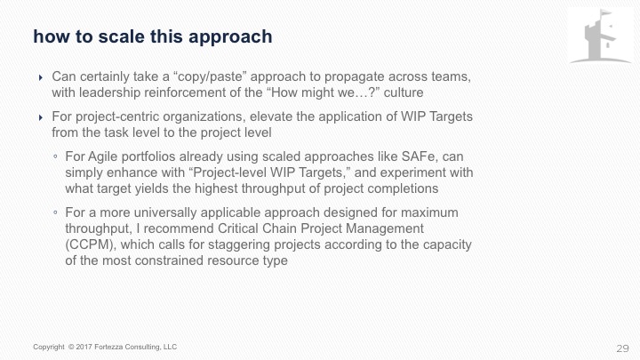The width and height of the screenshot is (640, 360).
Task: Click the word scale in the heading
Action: pyautogui.click(x=121, y=36)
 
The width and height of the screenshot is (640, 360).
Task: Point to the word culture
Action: pyautogui.click(x=404, y=92)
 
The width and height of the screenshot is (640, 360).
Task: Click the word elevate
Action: pyautogui.click(x=271, y=116)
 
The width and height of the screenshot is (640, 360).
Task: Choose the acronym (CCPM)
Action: pyautogui.click(x=91, y=245)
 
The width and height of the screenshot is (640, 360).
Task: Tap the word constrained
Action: pyautogui.click(x=169, y=260)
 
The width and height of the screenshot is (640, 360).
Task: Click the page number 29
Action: pyautogui.click(x=622, y=348)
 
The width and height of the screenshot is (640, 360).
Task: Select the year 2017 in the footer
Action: pyautogui.click(x=84, y=347)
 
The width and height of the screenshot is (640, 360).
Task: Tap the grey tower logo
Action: pyautogui.click(x=600, y=36)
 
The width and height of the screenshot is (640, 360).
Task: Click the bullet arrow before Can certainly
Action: pyautogui.click(x=40, y=77)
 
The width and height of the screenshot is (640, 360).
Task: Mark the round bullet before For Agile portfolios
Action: pyautogui.click(x=55, y=156)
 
